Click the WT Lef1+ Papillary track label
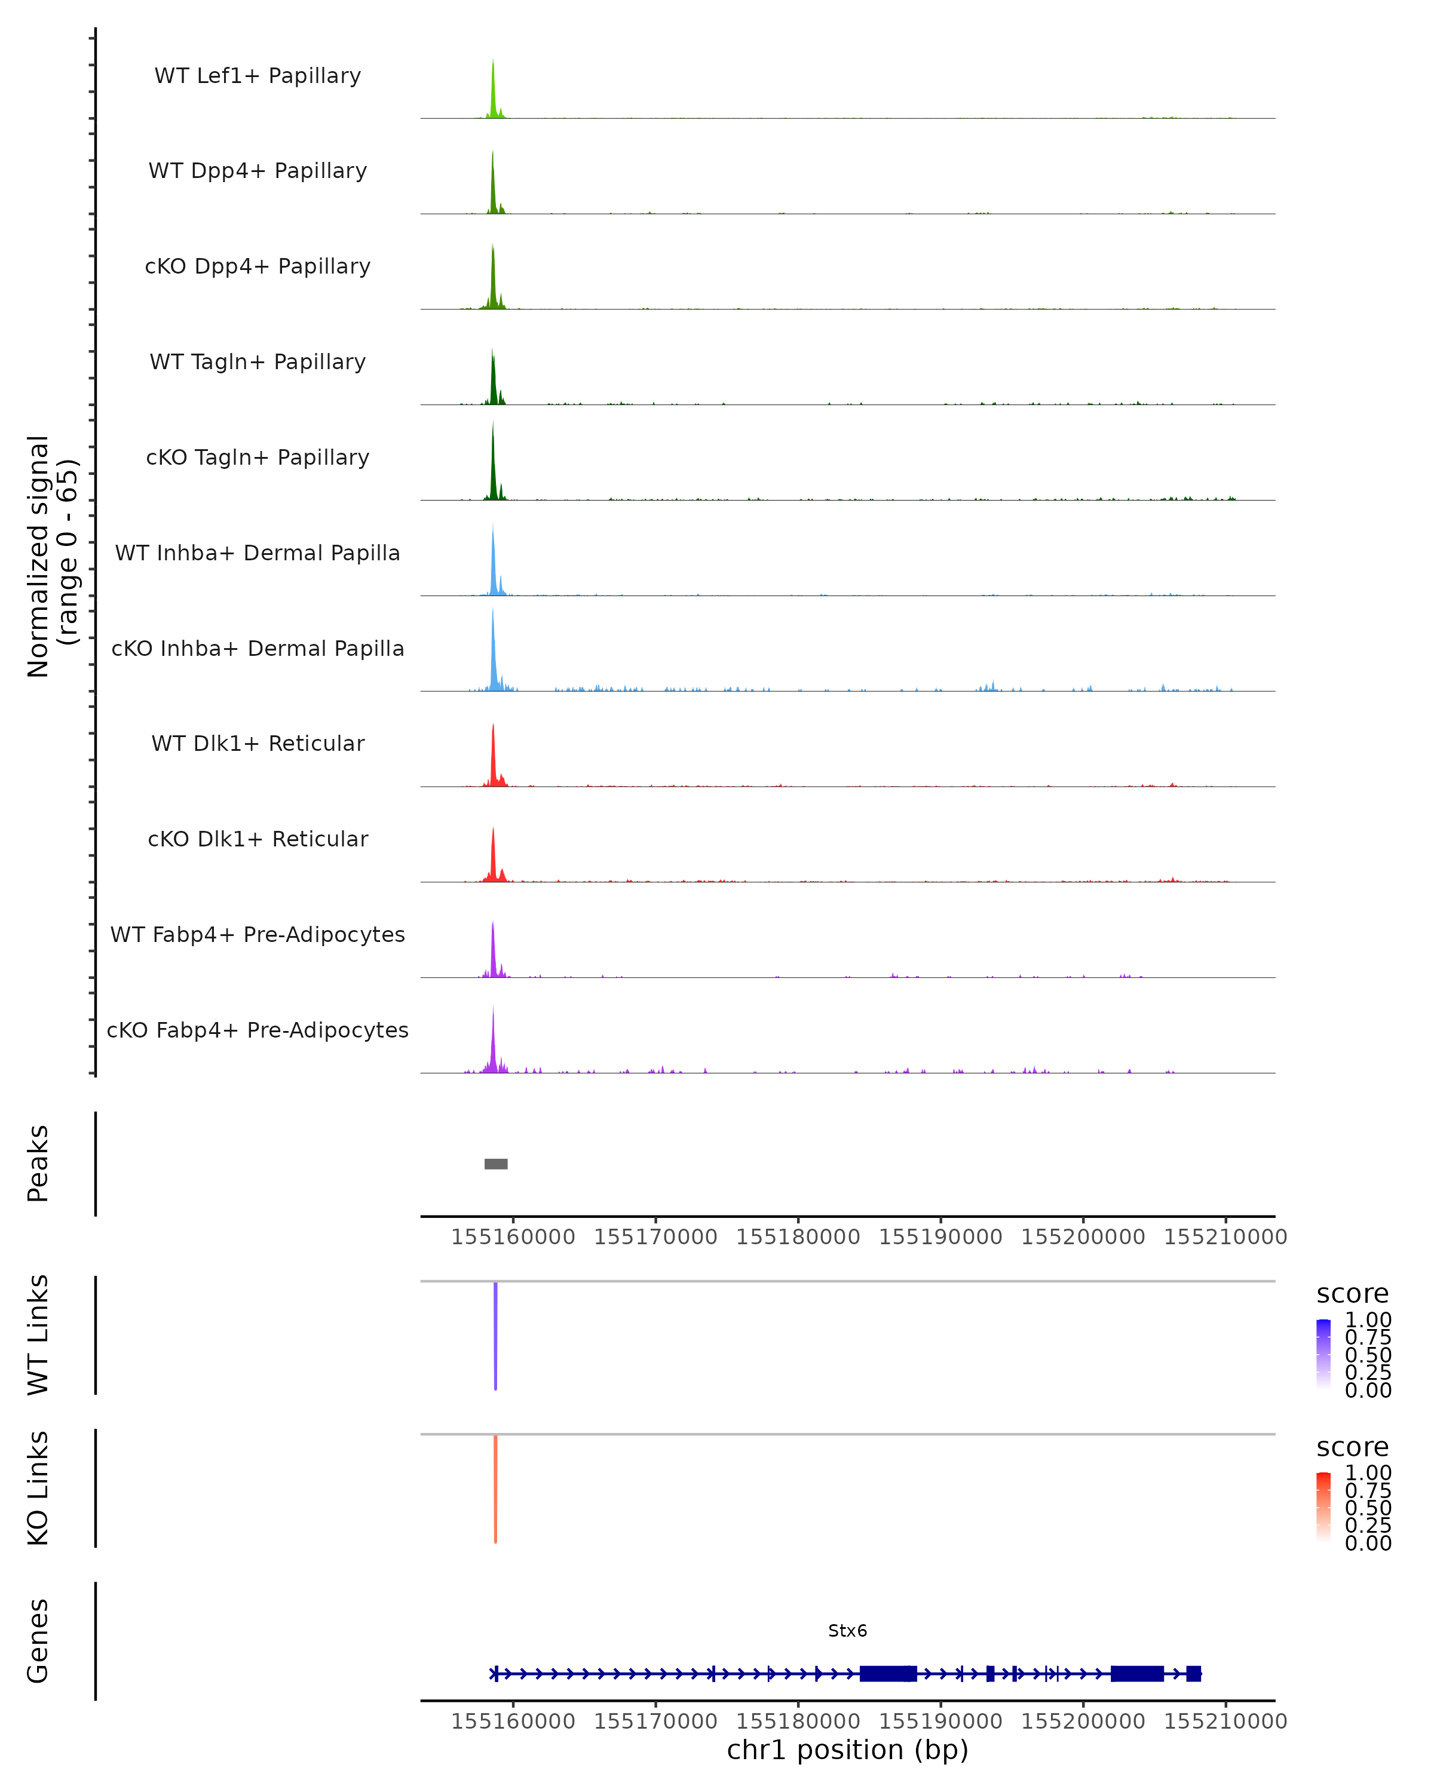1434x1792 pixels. pos(258,76)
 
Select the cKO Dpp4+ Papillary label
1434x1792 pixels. pos(258,266)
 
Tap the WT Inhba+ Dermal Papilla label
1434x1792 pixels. pos(258,553)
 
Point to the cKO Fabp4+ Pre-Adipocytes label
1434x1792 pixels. pos(258,1030)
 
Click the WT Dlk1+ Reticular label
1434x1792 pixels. pos(258,743)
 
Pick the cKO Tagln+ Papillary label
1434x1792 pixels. pos(258,457)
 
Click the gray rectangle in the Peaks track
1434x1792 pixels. pos(497,1164)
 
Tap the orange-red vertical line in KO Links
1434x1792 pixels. pos(495,1489)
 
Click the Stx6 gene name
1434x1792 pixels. pos(847,1631)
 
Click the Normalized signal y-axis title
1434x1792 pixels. pos(51,556)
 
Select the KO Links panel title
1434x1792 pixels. pos(38,1488)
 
